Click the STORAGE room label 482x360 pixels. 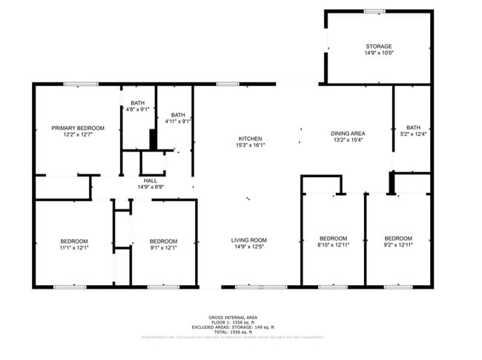point(378,47)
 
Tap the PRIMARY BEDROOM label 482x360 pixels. point(78,128)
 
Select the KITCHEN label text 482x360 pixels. point(250,139)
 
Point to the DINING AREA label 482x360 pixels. point(348,134)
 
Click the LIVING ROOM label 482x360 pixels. point(249,240)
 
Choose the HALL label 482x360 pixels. point(151,180)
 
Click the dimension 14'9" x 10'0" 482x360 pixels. point(378,53)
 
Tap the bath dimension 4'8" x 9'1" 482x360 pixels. point(138,110)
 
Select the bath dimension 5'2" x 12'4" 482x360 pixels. point(412,134)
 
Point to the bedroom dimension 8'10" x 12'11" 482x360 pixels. point(332,245)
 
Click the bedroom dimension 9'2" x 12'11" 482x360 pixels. point(397,245)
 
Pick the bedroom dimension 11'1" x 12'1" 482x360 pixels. point(74,247)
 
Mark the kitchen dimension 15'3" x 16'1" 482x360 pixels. point(250,145)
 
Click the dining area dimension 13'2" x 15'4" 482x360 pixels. point(348,140)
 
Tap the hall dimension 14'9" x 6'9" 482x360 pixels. point(151,187)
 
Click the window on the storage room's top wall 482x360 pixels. point(374,10)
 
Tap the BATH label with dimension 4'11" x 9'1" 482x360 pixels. point(178,114)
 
